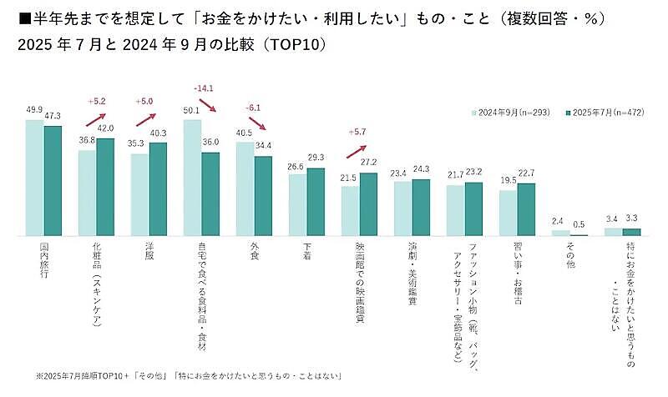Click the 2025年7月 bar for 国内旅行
pos(53,180)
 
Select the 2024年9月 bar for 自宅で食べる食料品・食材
pos(192,178)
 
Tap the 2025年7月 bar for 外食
pos(263,195)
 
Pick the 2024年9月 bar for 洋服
pos(139,194)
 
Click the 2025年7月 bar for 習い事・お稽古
pos(526,209)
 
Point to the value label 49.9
pos(34,109)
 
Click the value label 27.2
pos(369,162)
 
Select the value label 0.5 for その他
pos(579,223)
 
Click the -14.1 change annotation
pos(203,87)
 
